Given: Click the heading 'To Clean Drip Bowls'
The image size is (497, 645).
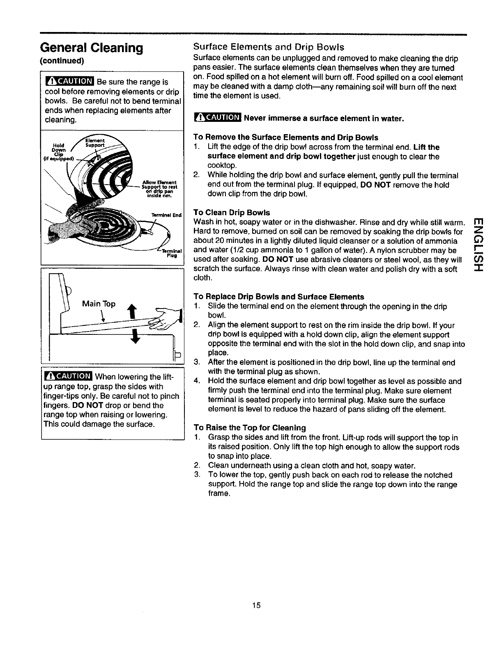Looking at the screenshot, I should (232, 213).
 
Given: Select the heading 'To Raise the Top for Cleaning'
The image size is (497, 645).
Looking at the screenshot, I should (250, 428).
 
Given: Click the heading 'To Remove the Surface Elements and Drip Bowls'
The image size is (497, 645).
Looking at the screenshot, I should (285, 137).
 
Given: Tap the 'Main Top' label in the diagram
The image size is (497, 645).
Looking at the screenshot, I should (99, 304).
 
